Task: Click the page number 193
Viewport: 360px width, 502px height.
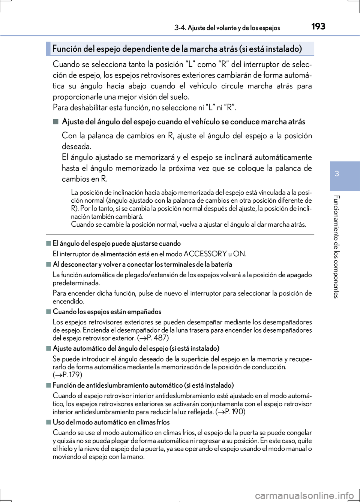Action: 318,26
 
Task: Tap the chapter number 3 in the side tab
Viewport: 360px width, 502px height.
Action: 345,174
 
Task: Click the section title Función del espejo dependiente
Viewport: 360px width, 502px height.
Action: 177,49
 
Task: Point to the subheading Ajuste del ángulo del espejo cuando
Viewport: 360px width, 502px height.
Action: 183,122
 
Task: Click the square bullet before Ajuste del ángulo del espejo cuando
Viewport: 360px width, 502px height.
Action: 56,121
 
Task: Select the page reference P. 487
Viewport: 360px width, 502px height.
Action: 153,338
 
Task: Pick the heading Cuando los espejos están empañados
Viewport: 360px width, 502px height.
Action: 107,312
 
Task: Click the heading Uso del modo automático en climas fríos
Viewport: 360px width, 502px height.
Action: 111,422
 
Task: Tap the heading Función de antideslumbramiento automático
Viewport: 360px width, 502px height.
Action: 143,385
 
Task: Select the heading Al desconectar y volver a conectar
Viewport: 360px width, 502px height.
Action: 142,264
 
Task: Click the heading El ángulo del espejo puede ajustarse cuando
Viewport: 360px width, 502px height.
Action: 117,244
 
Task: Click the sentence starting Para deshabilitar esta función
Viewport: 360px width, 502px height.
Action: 144,108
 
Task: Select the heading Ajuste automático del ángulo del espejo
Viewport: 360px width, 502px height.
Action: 136,348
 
